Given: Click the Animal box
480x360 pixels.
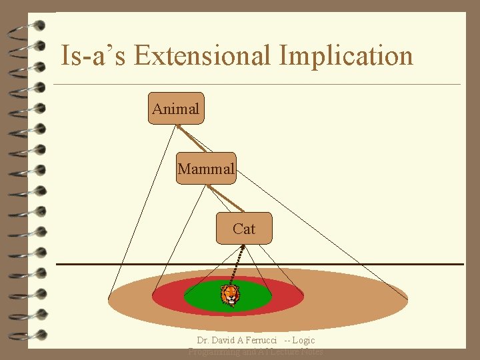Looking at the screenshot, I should pos(175,109).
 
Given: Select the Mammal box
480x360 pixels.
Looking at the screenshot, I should pos(206,169).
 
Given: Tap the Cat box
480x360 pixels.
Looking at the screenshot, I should pos(244,229).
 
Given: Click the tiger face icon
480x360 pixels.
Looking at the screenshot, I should pos(229,294).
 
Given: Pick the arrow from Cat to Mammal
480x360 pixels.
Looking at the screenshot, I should pos(225,198).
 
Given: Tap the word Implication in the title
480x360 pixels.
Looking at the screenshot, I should pos(346,55).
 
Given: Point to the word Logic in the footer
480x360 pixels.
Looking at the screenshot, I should pos(303,341).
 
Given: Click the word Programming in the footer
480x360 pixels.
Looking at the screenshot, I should pos(212,351).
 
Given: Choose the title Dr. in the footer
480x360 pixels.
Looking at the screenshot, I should pos(203,341).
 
